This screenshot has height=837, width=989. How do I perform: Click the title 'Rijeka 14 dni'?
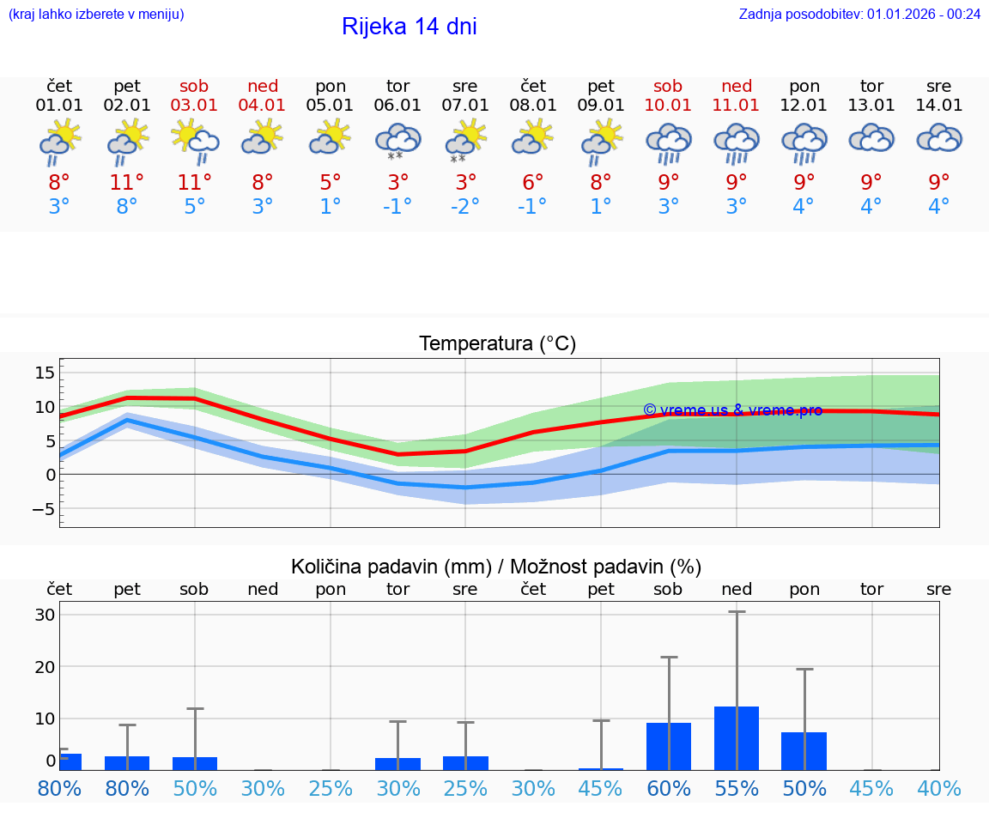tap(409, 27)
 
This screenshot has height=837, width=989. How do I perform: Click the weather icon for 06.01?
tap(397, 142)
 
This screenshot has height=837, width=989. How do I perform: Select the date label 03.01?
tap(194, 106)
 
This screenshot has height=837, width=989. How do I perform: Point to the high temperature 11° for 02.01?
tap(126, 182)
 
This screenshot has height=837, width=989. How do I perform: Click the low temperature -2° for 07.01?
tap(464, 207)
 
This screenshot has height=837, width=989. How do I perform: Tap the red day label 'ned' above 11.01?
tap(737, 86)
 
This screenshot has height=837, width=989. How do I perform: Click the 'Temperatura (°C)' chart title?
tap(497, 344)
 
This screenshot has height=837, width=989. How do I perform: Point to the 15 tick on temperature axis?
tap(45, 373)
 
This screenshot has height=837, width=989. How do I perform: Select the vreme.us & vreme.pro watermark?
tap(732, 410)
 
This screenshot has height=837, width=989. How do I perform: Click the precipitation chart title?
tap(495, 567)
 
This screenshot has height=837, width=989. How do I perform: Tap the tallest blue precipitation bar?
tap(737, 738)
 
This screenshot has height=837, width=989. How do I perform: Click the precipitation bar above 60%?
tap(669, 746)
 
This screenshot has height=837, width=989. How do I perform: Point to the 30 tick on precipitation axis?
tap(45, 615)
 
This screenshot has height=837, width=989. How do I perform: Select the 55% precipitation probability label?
tap(737, 788)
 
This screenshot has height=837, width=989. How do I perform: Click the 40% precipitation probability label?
tap(938, 788)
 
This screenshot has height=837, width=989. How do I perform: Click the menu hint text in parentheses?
tap(96, 14)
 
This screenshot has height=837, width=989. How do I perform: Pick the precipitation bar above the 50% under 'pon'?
tap(804, 751)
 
